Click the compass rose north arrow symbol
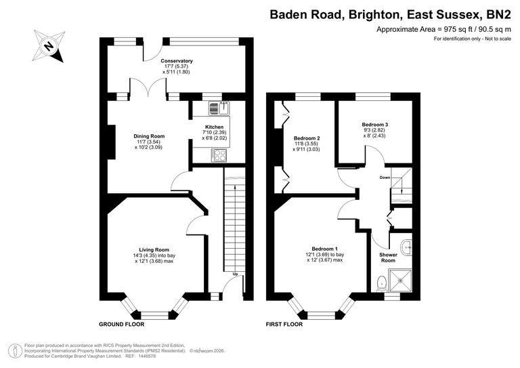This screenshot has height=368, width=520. tap(48, 46)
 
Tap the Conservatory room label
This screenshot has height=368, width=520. tap(177, 61)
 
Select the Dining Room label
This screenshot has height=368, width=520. tap(148, 136)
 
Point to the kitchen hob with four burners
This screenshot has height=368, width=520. tap(218, 155)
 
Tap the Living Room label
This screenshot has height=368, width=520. tap(154, 249)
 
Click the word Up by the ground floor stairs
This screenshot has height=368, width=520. tap(235, 274)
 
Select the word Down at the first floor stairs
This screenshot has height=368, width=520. tap(385, 178)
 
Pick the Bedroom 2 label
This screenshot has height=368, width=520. tap(306, 138)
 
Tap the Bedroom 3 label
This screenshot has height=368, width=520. tap(374, 125)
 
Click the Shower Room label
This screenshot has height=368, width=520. tap(388, 257)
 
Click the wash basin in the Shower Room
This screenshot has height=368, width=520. tap(406, 248)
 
